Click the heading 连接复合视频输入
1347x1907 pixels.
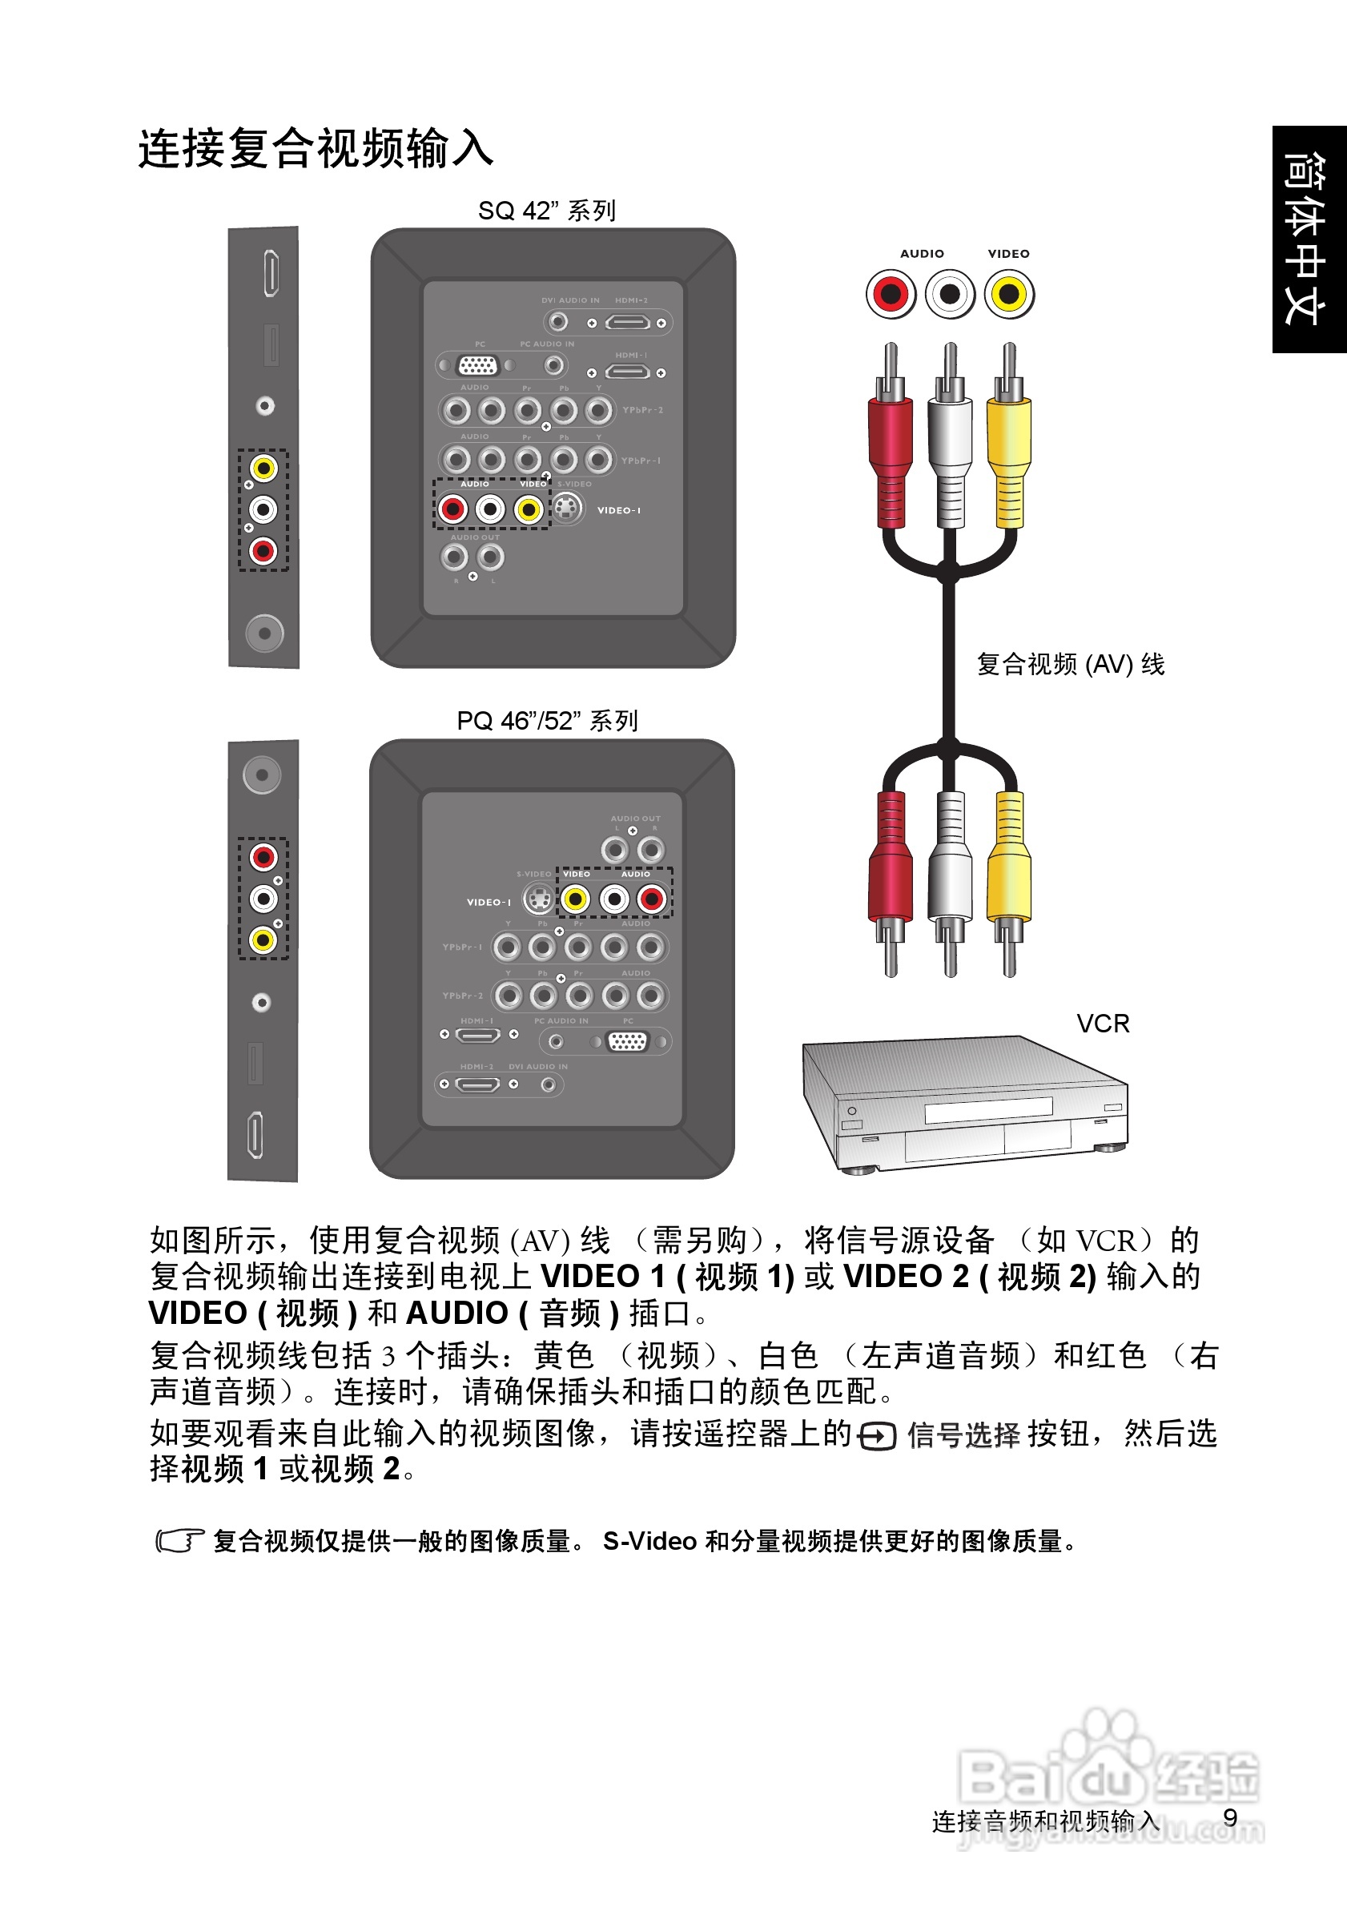316,149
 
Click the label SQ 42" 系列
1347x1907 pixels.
546,210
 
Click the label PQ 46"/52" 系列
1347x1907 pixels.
546,720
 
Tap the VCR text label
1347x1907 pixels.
1102,1024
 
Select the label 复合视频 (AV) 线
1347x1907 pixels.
1070,664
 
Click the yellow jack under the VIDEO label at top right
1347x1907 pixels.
1009,294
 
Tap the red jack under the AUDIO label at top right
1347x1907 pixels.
891,294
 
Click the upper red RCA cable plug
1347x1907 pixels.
891,449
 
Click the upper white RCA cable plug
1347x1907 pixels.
949,449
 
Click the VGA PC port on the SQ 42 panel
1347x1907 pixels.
476,364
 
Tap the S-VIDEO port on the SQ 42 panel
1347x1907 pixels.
566,509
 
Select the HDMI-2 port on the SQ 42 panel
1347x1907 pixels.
627,323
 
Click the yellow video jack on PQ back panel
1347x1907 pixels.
575,899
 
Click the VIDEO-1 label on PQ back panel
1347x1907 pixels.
489,902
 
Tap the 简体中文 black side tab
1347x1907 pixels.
1309,239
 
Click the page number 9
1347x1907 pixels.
1230,1817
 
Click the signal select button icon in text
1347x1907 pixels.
877,1436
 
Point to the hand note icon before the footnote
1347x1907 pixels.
179,1541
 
